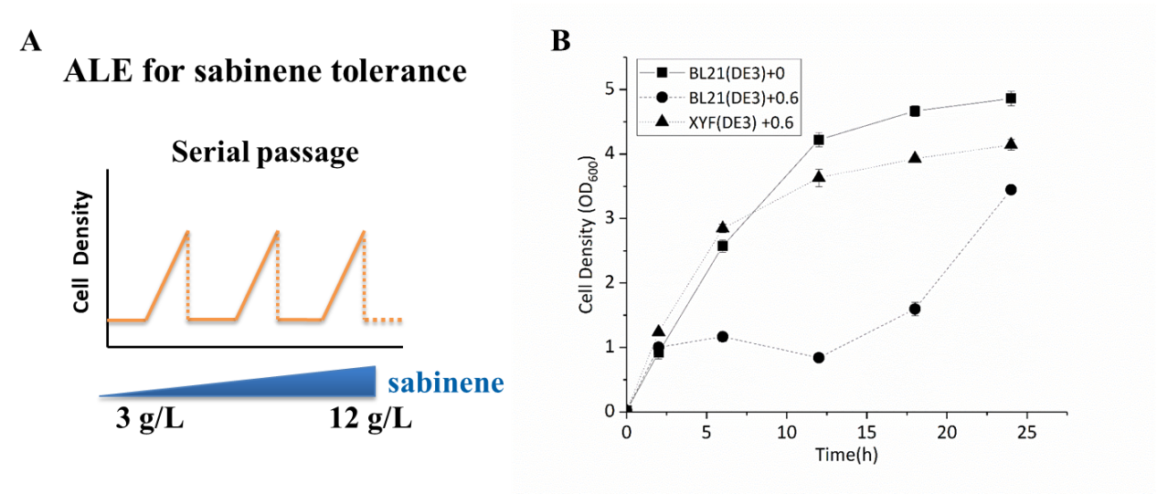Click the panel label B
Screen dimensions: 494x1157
pyautogui.click(x=560, y=41)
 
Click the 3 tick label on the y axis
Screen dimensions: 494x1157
pyautogui.click(x=611, y=219)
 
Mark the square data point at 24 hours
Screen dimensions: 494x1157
pyautogui.click(x=1011, y=98)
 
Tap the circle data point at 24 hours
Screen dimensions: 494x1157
pyautogui.click(x=1011, y=190)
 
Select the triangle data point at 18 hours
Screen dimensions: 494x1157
pyautogui.click(x=915, y=157)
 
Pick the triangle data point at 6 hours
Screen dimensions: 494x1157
pyautogui.click(x=722, y=226)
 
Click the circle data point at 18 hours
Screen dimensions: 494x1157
pyautogui.click(x=915, y=309)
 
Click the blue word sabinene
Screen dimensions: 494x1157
pyautogui.click(x=445, y=383)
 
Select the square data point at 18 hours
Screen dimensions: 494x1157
pyautogui.click(x=915, y=111)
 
